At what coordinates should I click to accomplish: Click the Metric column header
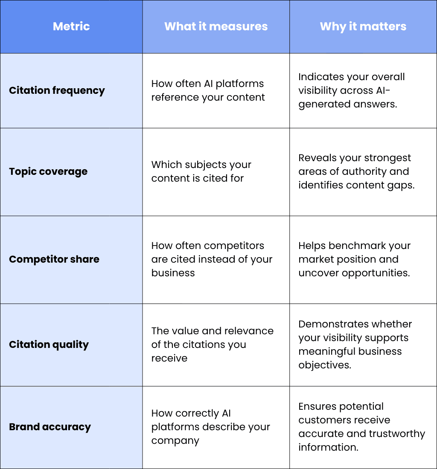click(71, 26)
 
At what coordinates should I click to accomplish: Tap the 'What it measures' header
click(216, 26)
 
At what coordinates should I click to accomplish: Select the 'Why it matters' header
click(363, 26)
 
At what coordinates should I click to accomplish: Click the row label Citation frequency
click(57, 91)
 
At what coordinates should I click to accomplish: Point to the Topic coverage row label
click(48, 172)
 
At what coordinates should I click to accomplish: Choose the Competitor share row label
click(54, 259)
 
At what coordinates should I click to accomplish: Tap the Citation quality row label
click(49, 345)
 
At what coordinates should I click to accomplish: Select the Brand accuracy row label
click(50, 427)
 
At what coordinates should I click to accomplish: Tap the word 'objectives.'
click(325, 365)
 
